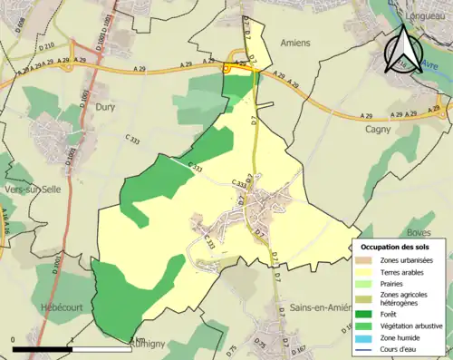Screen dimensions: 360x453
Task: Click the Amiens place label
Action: (x=296, y=43)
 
